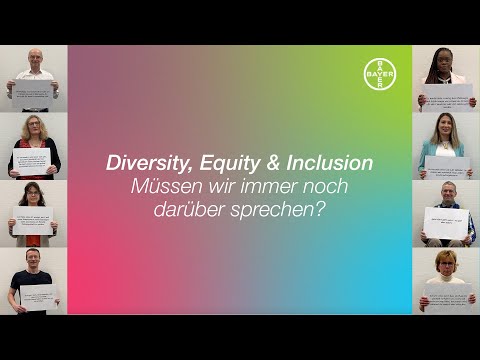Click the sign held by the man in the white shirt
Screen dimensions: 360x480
[33, 94]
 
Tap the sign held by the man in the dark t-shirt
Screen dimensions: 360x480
[38, 296]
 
